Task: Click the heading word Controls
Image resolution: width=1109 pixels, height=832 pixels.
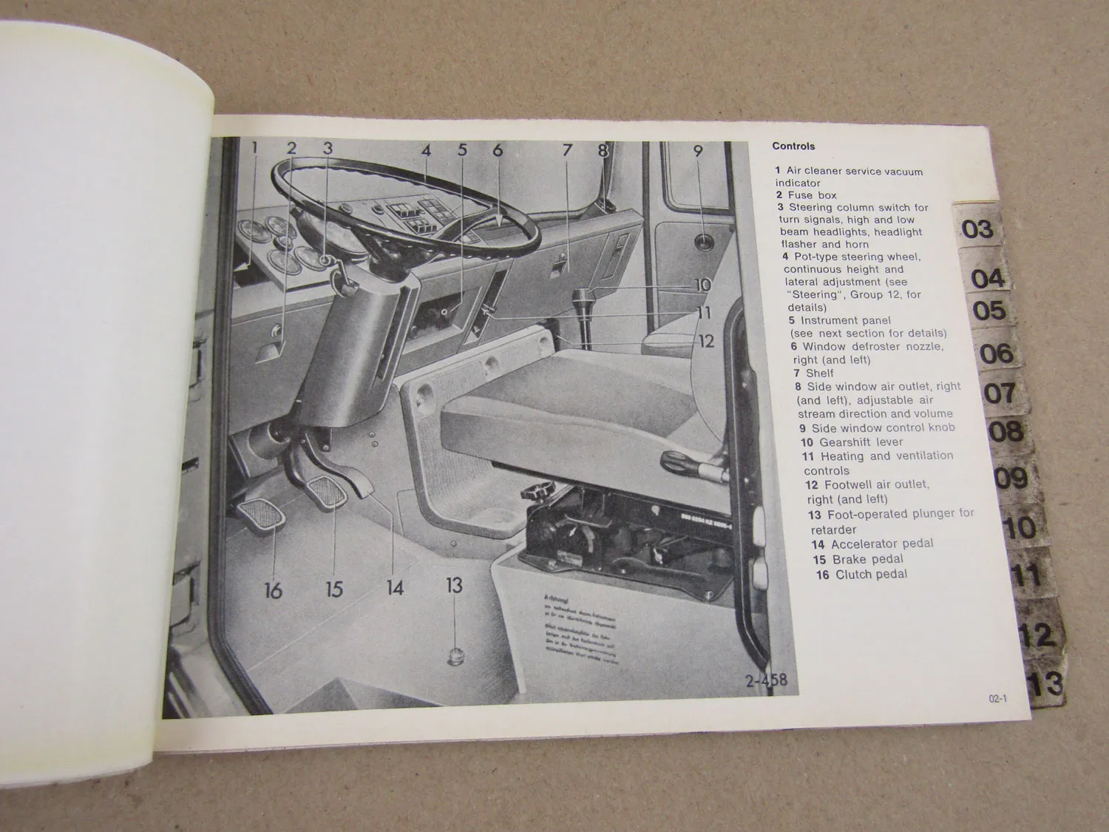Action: pyautogui.click(x=793, y=146)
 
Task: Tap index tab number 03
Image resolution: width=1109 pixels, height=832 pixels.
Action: pyautogui.click(x=977, y=229)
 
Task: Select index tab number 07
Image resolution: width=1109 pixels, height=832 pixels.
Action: pyautogui.click(x=1000, y=393)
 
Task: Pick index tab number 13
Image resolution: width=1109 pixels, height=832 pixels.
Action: pyautogui.click(x=1046, y=684)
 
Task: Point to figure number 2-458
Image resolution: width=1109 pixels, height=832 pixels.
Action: pyautogui.click(x=766, y=680)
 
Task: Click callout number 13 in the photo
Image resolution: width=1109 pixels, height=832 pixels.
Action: pyautogui.click(x=454, y=585)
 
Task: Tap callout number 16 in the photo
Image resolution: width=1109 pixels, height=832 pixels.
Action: pyautogui.click(x=273, y=590)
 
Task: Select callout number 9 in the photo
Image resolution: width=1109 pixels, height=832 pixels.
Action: pyautogui.click(x=697, y=151)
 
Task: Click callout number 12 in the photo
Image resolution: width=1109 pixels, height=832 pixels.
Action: pyautogui.click(x=706, y=341)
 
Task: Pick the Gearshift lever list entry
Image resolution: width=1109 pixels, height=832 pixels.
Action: pyautogui.click(x=861, y=442)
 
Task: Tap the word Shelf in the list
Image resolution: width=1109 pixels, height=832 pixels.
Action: pyautogui.click(x=819, y=373)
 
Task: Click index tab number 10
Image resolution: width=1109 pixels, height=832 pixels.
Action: pyautogui.click(x=1020, y=527)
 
